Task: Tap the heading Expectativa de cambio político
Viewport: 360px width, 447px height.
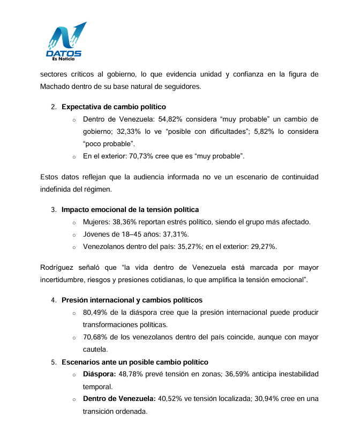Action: point(114,107)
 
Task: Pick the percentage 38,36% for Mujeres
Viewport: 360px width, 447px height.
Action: point(127,222)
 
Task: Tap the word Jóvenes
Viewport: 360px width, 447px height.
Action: point(97,234)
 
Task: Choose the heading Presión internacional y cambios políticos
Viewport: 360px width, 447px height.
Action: point(132,300)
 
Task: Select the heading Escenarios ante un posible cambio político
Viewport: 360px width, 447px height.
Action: point(135,362)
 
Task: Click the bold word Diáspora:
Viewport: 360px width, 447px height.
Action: point(99,374)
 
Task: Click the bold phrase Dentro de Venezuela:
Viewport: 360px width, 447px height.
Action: point(119,399)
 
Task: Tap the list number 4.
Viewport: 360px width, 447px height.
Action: point(54,300)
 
